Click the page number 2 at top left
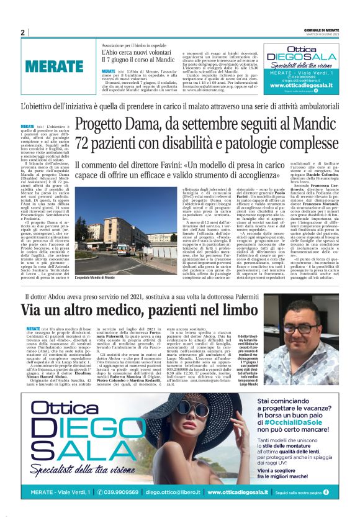(x=23, y=32)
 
